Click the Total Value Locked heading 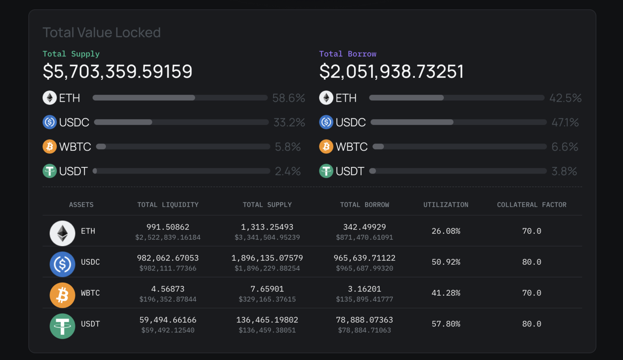[x=101, y=32]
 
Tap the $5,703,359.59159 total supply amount [x=118, y=71]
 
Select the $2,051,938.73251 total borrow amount [x=391, y=71]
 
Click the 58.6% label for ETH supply [x=288, y=98]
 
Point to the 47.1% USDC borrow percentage [x=565, y=122]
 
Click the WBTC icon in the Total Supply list [x=49, y=146]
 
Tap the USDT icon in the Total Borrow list [x=326, y=171]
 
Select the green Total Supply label [x=71, y=54]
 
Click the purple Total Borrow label [x=348, y=54]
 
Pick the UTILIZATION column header [x=446, y=205]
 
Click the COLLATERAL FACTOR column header [x=531, y=205]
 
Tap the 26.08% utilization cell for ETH [x=446, y=231]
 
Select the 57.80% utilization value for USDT [x=446, y=324]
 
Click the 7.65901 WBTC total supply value [x=267, y=289]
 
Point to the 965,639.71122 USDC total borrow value [x=364, y=258]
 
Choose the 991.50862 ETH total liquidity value [x=168, y=227]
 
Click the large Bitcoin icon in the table [x=62, y=295]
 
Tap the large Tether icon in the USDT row [x=62, y=326]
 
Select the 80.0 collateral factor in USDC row [x=531, y=262]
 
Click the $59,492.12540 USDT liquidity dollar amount [x=168, y=330]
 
